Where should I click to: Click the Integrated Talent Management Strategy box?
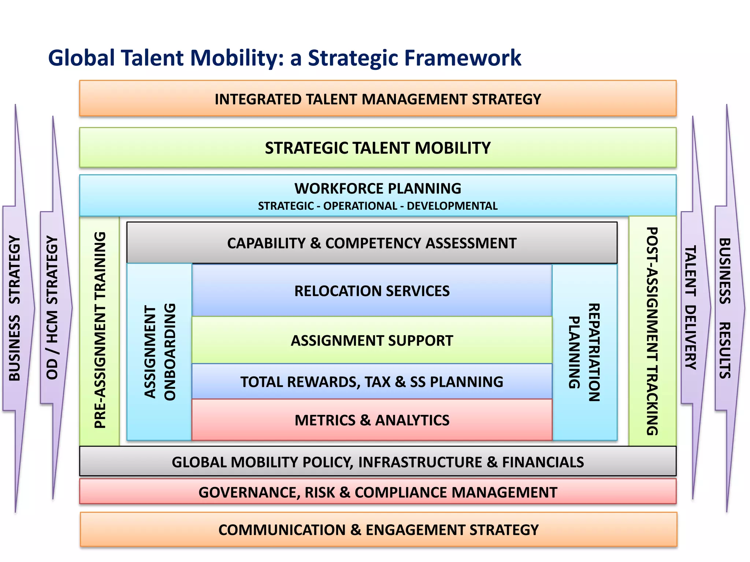pos(378,99)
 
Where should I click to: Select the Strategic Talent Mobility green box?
pos(378,148)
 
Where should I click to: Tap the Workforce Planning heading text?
pos(378,188)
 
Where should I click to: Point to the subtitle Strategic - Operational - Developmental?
pos(378,206)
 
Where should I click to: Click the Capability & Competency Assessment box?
pos(372,243)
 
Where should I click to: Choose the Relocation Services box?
pos(372,291)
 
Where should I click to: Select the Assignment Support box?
pos(372,341)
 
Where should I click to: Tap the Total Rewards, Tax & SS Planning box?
pos(372,382)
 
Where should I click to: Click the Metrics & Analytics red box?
pos(372,420)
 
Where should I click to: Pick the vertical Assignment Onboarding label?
pos(160,352)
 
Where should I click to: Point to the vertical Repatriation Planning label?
pos(584,352)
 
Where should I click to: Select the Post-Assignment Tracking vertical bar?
pos(652,331)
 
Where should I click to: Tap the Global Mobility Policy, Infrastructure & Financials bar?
pos(378,462)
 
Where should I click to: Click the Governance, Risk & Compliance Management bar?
pos(378,492)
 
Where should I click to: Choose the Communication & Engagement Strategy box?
pos(378,530)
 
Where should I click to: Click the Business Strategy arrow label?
pos(15,308)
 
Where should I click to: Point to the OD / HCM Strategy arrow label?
pos(52,308)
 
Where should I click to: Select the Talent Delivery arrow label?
pos(690,308)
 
